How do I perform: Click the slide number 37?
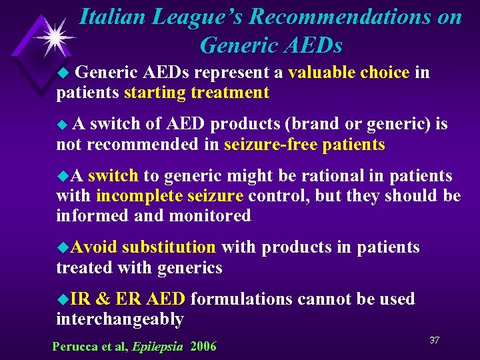[434, 341]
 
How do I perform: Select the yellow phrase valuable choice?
[349, 72]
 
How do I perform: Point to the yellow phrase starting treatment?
[197, 93]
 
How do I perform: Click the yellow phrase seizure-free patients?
[305, 145]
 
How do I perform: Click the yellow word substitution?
[169, 248]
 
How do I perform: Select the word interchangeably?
[120, 320]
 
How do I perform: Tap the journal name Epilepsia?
[157, 347]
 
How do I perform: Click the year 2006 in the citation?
[203, 347]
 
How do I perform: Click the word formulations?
[242, 299]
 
